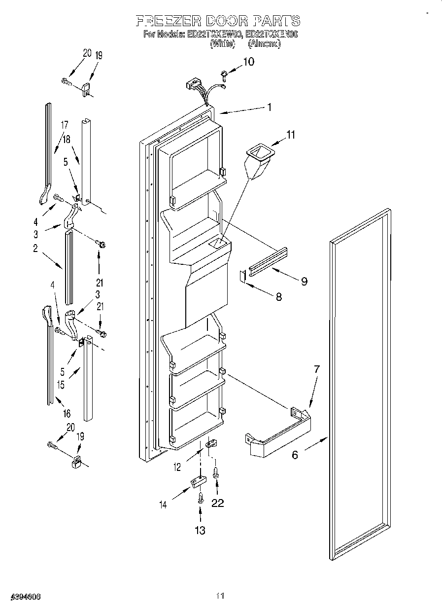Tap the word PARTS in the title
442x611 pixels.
(276, 21)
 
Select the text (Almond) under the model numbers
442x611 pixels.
(264, 44)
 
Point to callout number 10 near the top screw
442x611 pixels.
(248, 62)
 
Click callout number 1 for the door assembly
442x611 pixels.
(269, 107)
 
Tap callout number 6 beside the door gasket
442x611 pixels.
(295, 455)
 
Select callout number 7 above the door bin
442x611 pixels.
(317, 368)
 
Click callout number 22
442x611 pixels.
(217, 503)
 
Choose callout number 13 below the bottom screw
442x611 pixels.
(200, 530)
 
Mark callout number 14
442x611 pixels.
(163, 504)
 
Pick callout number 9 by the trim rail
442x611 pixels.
(304, 281)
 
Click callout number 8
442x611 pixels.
(279, 297)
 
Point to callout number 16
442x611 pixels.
(67, 413)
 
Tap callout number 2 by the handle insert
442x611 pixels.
(35, 249)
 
